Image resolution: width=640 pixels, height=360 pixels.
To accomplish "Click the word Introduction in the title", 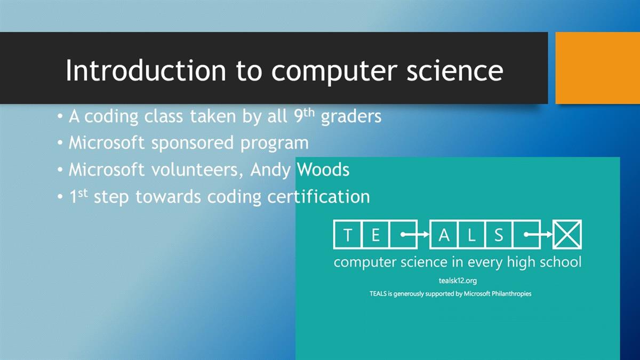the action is click(x=146, y=70).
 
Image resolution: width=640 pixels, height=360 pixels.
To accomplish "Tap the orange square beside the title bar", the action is click(x=598, y=68).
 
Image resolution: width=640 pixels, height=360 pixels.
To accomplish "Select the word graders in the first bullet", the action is click(x=351, y=117).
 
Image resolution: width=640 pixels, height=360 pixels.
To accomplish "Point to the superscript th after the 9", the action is click(x=309, y=113).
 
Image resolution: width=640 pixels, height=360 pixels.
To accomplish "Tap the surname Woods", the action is click(x=323, y=170).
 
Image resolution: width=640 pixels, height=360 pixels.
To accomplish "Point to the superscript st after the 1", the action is click(x=83, y=193).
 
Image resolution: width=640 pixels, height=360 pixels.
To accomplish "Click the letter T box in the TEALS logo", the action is click(x=347, y=235).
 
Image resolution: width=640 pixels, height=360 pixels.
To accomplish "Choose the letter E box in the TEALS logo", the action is click(x=375, y=235).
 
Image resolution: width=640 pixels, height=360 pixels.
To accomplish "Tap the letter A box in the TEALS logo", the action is click(x=444, y=235).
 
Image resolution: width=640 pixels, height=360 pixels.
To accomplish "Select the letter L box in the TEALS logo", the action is click(x=471, y=235).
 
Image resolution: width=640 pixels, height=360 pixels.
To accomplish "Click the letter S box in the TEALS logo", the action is click(x=499, y=235).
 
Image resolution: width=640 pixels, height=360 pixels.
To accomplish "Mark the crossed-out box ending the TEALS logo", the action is click(x=567, y=235).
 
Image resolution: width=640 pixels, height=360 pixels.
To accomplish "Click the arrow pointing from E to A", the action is click(x=415, y=235).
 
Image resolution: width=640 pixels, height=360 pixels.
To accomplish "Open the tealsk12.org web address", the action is click(x=458, y=281).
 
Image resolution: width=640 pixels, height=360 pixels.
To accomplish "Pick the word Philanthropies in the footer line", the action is click(x=511, y=294).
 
